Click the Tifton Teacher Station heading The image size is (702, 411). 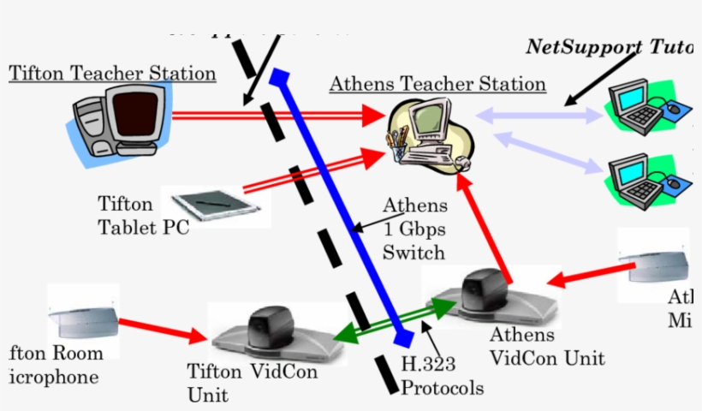pos(112,74)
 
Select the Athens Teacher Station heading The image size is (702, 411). pos(437,84)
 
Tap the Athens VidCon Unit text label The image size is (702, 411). pos(547,346)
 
